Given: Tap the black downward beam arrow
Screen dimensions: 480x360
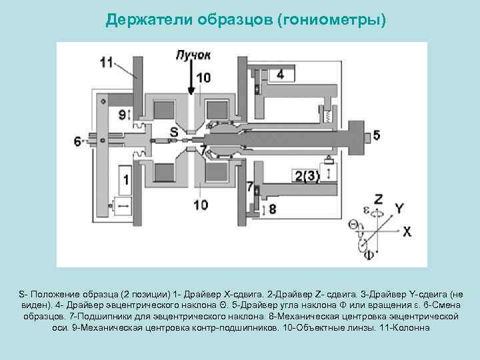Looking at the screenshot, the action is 192,80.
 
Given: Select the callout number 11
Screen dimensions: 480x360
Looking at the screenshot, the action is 107,62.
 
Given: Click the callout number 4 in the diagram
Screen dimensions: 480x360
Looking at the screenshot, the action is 281,73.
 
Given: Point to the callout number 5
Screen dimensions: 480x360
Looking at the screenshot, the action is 377,135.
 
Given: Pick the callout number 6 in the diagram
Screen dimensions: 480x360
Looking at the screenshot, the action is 78,141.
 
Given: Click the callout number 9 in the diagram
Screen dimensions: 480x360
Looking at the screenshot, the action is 122,115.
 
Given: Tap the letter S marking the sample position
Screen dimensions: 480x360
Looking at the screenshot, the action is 174,131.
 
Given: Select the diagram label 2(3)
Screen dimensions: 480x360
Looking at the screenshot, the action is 307,176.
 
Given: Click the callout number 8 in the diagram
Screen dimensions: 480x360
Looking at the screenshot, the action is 272,209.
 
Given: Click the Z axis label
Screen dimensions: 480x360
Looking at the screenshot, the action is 378,199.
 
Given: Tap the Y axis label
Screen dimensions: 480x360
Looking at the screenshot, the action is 399,208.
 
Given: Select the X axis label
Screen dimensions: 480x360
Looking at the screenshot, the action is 407,231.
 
